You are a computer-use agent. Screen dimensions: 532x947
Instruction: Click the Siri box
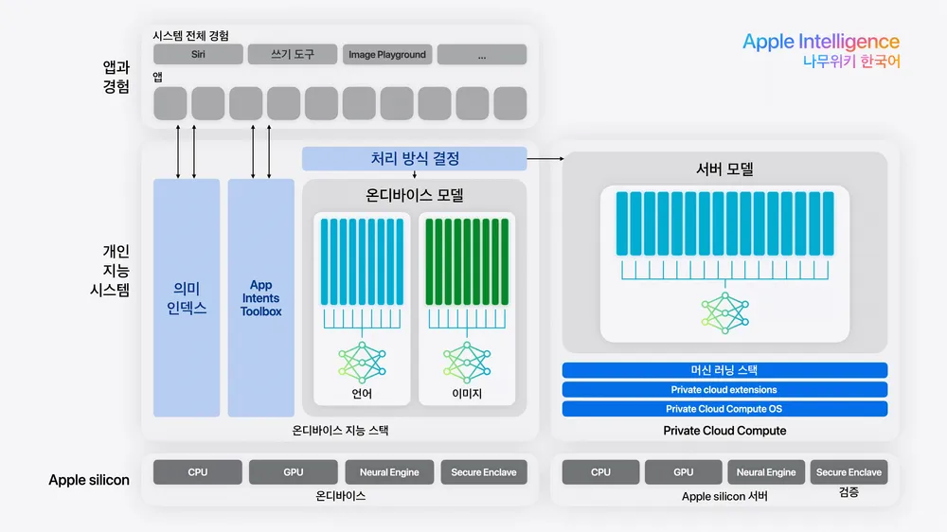[198, 54]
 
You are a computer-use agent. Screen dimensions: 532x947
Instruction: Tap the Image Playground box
[386, 54]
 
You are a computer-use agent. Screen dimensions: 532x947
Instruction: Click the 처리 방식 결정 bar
[415, 159]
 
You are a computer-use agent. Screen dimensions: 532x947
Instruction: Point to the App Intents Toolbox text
[260, 297]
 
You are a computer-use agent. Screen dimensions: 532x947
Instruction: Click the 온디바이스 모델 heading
[415, 196]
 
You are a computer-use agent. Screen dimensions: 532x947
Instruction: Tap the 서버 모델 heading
[724, 169]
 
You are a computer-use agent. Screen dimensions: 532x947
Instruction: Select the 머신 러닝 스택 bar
[724, 370]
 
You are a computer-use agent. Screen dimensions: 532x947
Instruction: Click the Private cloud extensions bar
[724, 389]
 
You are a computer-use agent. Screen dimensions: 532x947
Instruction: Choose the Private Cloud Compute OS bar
[724, 409]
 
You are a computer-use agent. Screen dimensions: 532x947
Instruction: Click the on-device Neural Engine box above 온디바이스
[389, 471]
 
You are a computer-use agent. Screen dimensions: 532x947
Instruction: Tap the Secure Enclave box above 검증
[849, 471]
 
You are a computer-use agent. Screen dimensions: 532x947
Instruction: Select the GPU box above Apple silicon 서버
[683, 471]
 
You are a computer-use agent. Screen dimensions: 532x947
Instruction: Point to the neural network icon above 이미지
[467, 362]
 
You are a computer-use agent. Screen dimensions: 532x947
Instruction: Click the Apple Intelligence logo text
[820, 42]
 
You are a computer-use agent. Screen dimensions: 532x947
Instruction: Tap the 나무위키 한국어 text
[850, 62]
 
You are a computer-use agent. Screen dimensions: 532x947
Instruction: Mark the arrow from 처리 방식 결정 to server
[545, 159]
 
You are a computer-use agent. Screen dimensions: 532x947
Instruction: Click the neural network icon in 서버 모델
[725, 311]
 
